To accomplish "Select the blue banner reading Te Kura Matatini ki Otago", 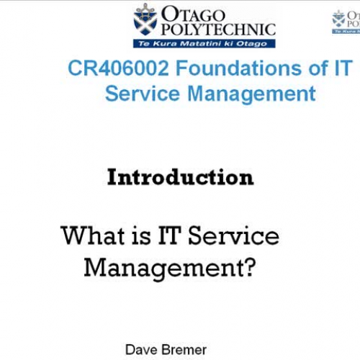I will click(204, 42).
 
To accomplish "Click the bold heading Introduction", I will click(180, 177).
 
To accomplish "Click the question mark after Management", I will click(249, 267).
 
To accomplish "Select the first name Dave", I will click(140, 350).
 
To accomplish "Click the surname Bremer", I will click(183, 350).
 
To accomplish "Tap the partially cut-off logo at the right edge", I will click(346, 22).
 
